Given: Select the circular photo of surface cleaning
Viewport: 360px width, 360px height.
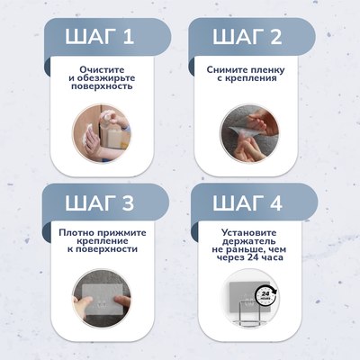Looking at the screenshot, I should (102, 133).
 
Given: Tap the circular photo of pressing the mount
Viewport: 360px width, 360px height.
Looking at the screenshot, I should (102, 300).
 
